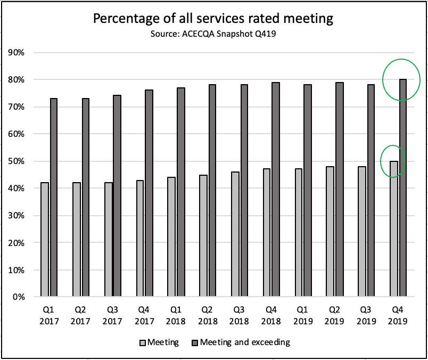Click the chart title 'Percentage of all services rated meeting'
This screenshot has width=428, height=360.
pyautogui.click(x=213, y=19)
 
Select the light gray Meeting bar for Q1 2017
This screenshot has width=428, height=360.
pyautogui.click(x=45, y=240)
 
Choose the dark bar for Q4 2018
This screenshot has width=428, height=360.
pyautogui.click(x=276, y=190)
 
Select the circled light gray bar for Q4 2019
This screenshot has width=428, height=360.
pyautogui.click(x=394, y=229)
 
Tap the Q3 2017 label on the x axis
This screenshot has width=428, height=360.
pyautogui.click(x=112, y=316)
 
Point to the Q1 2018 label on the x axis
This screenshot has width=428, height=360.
pyautogui.click(x=176, y=316)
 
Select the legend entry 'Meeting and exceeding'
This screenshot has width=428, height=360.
pyautogui.click(x=245, y=342)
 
